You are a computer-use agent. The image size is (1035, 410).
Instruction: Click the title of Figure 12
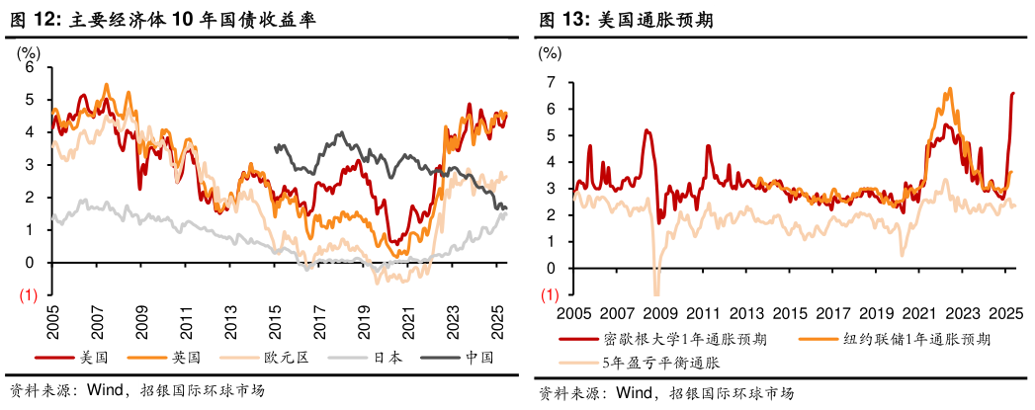click(163, 20)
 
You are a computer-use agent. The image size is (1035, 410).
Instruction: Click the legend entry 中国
click(478, 357)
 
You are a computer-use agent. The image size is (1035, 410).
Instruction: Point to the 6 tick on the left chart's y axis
click(30, 67)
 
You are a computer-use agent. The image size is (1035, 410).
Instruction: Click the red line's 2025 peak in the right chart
click(1012, 93)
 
